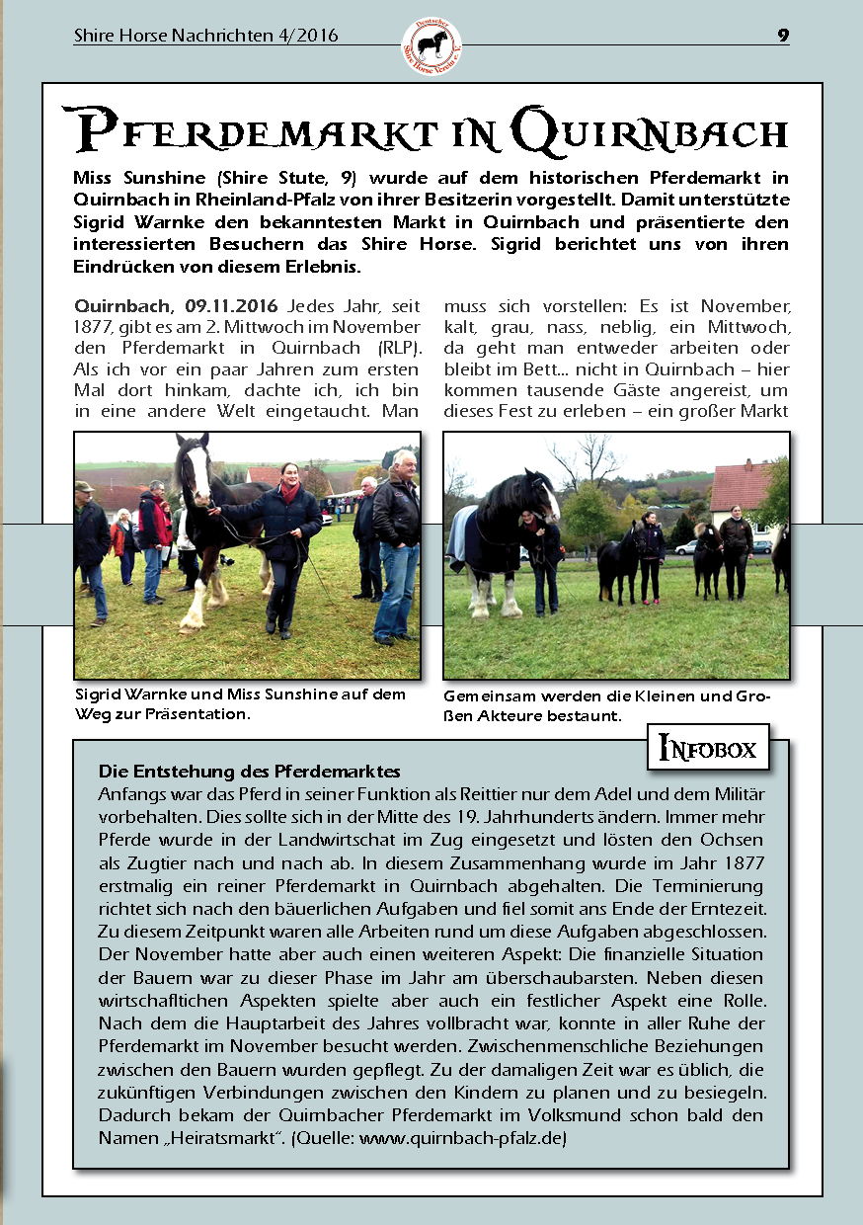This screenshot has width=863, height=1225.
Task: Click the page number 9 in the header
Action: coord(783,36)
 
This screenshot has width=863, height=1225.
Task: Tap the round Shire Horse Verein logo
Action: coord(431,44)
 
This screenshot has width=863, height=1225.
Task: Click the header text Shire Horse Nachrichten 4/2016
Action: coord(205,36)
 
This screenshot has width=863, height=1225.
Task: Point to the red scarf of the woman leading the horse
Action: coord(289,490)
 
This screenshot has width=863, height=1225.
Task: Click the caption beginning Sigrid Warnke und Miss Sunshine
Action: coord(240,703)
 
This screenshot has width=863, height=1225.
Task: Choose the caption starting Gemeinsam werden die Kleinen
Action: coord(606,704)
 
